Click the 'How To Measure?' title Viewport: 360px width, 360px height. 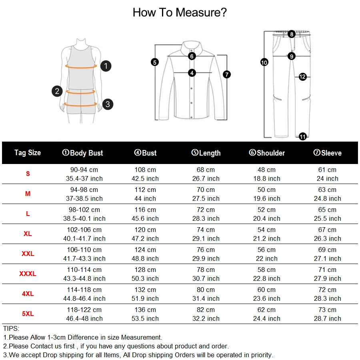pyautogui.click(x=180, y=12)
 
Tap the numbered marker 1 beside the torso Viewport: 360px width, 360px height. pyautogui.click(x=106, y=66)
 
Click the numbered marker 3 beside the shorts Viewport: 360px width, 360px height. pyautogui.click(x=108, y=104)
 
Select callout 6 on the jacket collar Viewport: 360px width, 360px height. pyautogui.click(x=192, y=56)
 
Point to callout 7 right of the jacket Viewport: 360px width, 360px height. pyautogui.click(x=227, y=74)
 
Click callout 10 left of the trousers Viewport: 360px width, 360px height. pyautogui.click(x=264, y=62)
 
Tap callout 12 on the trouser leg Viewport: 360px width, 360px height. pyautogui.click(x=302, y=76)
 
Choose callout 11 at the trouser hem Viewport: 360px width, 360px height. pyautogui.click(x=303, y=137)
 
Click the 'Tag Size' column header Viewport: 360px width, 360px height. pyautogui.click(x=28, y=152)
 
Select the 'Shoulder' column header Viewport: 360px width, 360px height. pyautogui.click(x=267, y=153)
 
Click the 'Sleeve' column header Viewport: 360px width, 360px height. pyautogui.click(x=327, y=153)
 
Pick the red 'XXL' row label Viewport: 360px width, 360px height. pyautogui.click(x=28, y=254)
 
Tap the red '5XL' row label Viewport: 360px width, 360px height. pyautogui.click(x=28, y=314)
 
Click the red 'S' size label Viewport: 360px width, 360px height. pyautogui.click(x=28, y=174)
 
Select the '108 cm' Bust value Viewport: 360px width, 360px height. pyautogui.click(x=145, y=170)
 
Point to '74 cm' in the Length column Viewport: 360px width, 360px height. pyautogui.click(x=206, y=230)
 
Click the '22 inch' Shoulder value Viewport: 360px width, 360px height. pyautogui.click(x=266, y=258)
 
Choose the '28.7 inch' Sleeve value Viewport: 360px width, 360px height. pyautogui.click(x=327, y=318)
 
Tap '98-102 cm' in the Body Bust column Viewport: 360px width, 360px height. pyautogui.click(x=84, y=210)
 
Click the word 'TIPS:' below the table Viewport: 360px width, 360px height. pyautogui.click(x=11, y=328)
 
